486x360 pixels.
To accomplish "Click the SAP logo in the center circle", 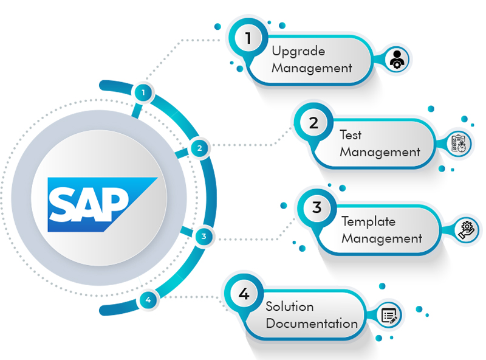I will pos(101,204).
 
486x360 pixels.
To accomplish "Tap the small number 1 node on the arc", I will pos(143,92).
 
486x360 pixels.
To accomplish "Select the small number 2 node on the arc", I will pos(199,147).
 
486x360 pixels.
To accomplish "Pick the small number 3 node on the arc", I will pos(204,236).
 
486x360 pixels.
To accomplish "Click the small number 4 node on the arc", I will pos(148,299).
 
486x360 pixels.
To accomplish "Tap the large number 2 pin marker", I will pos(313,123).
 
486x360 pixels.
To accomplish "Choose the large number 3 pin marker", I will pos(317,208).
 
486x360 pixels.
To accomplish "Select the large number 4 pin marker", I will pos(244,294).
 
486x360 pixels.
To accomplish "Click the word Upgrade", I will pos(298,51).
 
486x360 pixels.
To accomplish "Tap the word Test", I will pos(351,134).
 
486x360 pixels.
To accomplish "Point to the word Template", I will pos(368,221).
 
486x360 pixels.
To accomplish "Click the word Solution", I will pos(290,306).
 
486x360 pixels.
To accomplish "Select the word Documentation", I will pos(312,324).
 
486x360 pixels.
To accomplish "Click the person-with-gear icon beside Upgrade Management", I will pos(397,60).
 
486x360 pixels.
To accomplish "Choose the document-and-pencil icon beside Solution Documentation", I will pos(389,315).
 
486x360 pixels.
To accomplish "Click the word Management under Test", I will pos(380,152).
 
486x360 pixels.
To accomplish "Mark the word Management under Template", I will pos(382,238).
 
